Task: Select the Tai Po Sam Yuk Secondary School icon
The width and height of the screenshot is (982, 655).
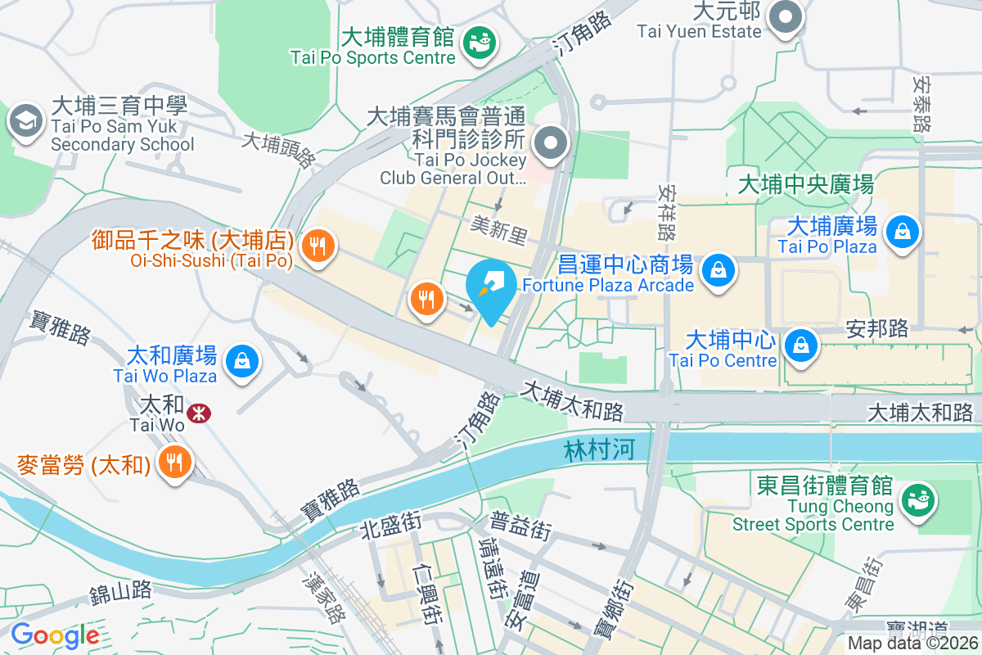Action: tap(25, 121)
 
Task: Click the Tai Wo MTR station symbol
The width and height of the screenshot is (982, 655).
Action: tap(197, 413)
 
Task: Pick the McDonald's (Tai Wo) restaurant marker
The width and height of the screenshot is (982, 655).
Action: tap(174, 463)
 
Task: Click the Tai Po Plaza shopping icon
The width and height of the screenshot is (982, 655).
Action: tap(901, 233)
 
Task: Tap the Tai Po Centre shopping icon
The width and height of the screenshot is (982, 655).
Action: tap(801, 346)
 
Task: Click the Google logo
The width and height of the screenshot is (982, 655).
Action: tap(55, 635)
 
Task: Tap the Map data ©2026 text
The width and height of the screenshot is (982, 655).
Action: tap(912, 644)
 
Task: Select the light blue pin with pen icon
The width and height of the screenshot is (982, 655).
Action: tap(491, 288)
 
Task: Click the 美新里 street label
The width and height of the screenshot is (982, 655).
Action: tap(499, 233)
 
